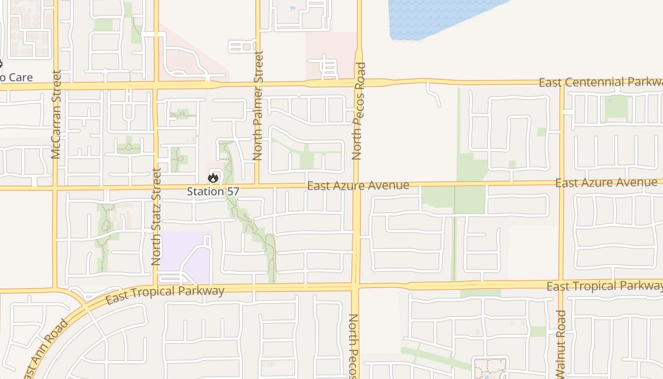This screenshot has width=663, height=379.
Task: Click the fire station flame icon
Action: point(213,178)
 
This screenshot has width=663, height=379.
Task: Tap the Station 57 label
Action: point(213,191)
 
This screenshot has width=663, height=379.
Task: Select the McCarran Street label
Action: point(57,114)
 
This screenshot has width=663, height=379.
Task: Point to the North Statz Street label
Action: point(157,217)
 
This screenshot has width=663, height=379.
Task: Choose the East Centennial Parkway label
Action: point(600,82)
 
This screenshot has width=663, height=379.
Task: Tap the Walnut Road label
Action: point(562,344)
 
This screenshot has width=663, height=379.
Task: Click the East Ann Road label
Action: point(45,348)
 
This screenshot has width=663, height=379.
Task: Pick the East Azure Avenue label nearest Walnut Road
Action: point(606,182)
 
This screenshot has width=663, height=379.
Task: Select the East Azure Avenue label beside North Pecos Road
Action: point(358,185)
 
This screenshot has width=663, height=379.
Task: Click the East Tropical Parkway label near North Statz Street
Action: point(165,294)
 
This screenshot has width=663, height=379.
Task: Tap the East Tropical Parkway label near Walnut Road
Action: point(604,286)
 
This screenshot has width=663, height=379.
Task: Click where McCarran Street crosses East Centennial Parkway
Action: point(55,86)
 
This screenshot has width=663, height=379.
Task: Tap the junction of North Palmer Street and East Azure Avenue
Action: point(257,186)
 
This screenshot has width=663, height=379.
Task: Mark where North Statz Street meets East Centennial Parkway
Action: point(156,85)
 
